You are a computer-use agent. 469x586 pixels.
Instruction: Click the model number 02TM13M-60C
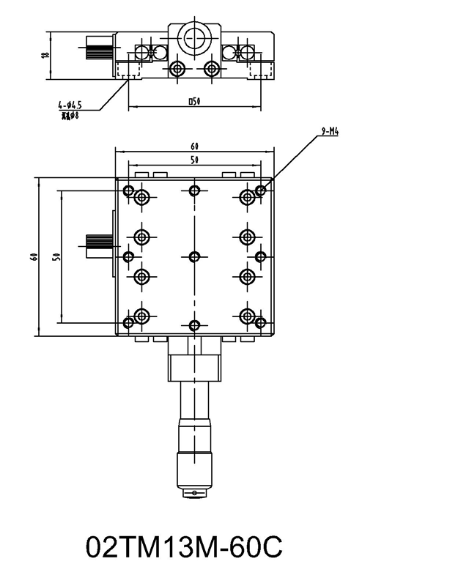[184, 548]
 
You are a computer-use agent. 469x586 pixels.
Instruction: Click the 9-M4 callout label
[330, 133]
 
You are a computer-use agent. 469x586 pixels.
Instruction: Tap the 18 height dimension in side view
[45, 55]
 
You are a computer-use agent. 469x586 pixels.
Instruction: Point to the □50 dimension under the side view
[194, 102]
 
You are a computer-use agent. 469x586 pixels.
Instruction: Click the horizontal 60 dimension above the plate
[194, 146]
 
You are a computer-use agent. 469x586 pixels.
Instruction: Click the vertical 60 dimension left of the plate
[33, 256]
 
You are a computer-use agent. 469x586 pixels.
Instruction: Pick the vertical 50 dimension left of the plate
[56, 256]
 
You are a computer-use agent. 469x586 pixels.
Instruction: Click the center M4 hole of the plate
[194, 256]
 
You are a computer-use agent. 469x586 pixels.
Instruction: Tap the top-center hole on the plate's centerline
[194, 191]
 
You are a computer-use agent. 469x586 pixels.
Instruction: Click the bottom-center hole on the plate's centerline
[194, 324]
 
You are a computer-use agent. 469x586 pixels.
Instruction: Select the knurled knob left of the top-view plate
[97, 245]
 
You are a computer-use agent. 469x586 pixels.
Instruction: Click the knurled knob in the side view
[98, 52]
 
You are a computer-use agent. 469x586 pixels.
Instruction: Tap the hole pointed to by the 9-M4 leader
[261, 192]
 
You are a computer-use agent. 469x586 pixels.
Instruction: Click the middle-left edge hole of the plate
[129, 256]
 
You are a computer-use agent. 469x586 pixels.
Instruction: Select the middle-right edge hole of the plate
[260, 256]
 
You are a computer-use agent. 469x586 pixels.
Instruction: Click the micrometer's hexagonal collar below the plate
[194, 364]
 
